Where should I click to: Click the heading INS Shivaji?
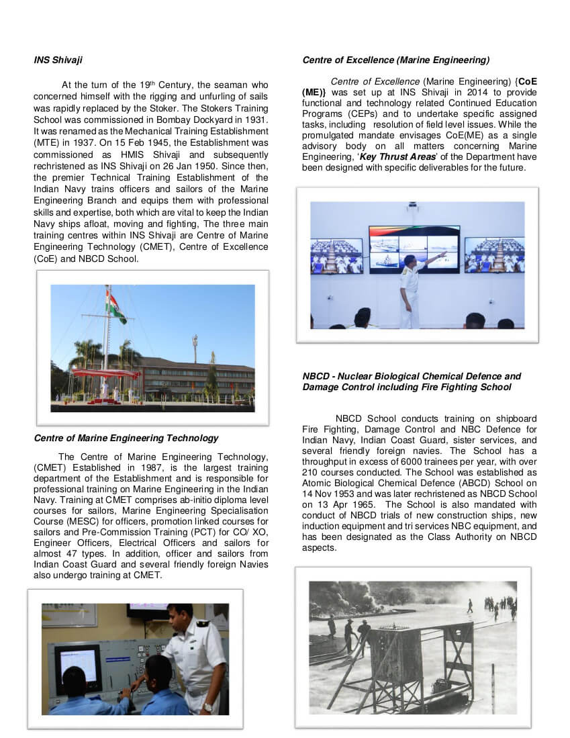tap(58, 60)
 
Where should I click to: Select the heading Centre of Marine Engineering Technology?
tap(126, 438)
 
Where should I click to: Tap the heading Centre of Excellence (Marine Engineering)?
tap(395, 60)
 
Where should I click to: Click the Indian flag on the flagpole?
tap(116, 307)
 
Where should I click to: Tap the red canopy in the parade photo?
tap(105, 373)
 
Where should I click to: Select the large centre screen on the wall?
tap(414, 250)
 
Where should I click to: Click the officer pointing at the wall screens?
tap(410, 289)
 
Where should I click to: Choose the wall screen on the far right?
tap(494, 255)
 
